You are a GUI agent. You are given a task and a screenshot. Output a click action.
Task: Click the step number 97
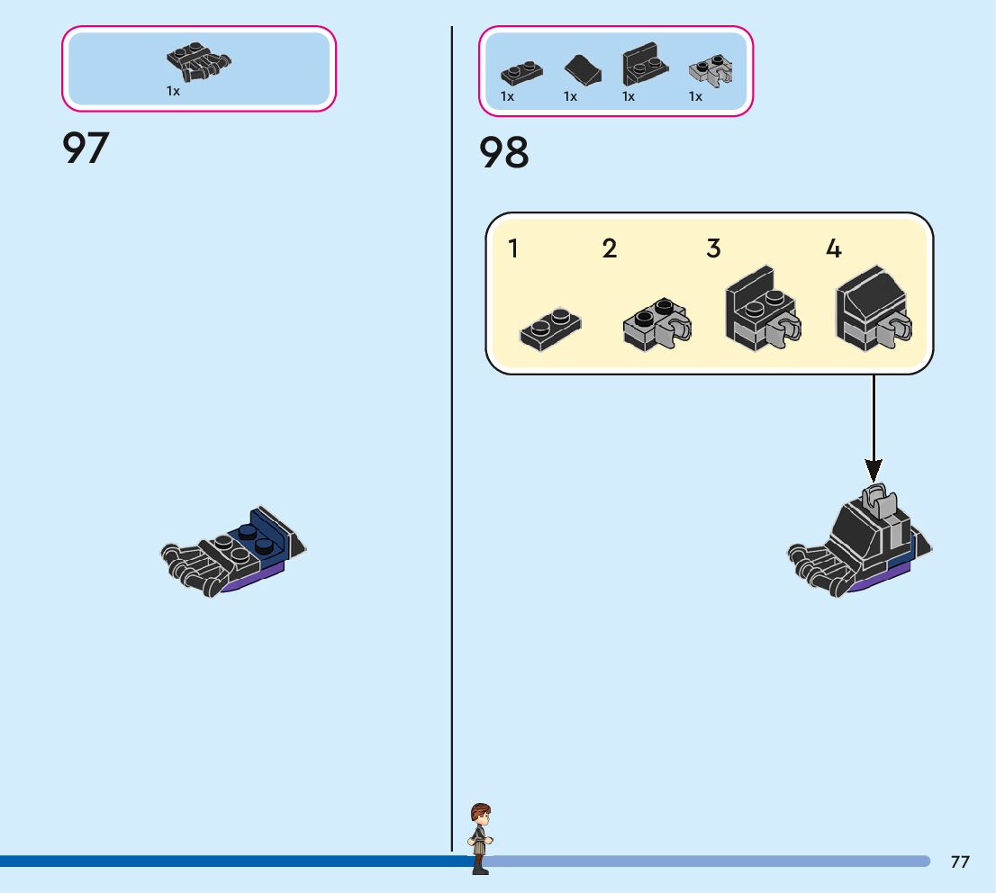pos(86,148)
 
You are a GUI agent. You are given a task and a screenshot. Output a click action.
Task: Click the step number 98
pos(503,152)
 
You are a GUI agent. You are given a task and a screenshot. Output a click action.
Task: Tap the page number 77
pos(960,861)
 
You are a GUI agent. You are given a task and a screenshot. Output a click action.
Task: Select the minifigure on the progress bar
pos(480,838)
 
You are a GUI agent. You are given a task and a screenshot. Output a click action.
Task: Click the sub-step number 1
pos(513,248)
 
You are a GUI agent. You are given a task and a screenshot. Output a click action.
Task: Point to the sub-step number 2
pos(609,248)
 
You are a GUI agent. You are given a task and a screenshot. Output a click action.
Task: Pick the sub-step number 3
pos(713,248)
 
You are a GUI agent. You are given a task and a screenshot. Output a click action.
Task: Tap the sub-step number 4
pos(833,248)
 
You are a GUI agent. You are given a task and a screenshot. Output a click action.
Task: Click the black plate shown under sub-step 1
pos(550,329)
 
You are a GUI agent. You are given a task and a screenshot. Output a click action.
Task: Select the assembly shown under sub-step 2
pos(656,324)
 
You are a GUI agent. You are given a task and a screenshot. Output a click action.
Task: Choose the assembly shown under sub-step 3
pos(763,309)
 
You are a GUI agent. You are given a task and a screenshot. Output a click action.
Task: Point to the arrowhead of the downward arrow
pos(874,471)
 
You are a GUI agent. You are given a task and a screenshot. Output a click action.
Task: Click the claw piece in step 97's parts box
pos(199,61)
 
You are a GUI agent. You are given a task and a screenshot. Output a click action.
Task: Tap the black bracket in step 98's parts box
pos(646,64)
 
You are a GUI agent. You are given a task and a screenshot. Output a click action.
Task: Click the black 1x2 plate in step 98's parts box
pos(521,73)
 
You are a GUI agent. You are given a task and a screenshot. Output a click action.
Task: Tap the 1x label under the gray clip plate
pos(695,96)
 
